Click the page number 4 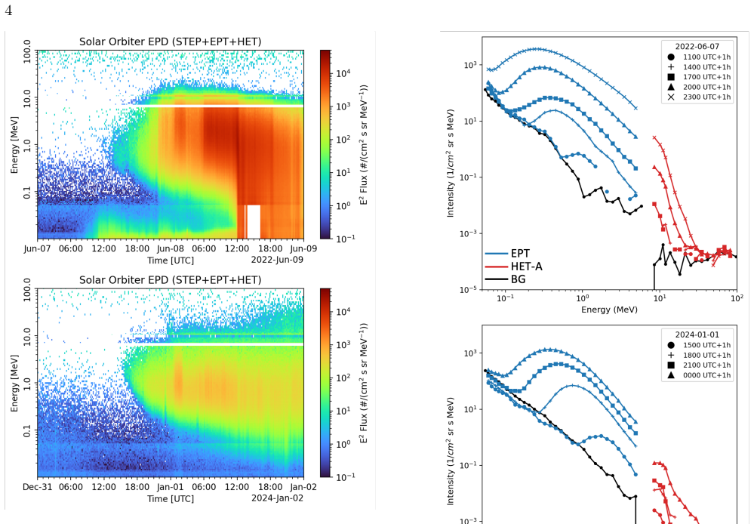(x=8, y=10)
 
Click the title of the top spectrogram (x=171, y=42)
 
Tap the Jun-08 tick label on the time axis (x=171, y=248)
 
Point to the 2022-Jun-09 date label (x=277, y=260)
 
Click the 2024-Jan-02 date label (x=277, y=498)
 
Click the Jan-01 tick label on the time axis (x=171, y=487)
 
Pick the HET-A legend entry (x=513, y=267)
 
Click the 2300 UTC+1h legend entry (x=699, y=97)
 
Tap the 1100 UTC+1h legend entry (x=699, y=57)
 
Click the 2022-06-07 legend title (x=697, y=47)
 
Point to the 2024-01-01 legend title (x=697, y=335)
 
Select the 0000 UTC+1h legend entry (x=699, y=375)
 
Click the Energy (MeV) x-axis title (x=609, y=310)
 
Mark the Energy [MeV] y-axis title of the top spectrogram (x=14, y=145)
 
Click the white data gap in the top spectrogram (x=254, y=222)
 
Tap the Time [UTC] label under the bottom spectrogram (x=171, y=498)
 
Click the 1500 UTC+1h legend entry (x=699, y=345)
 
